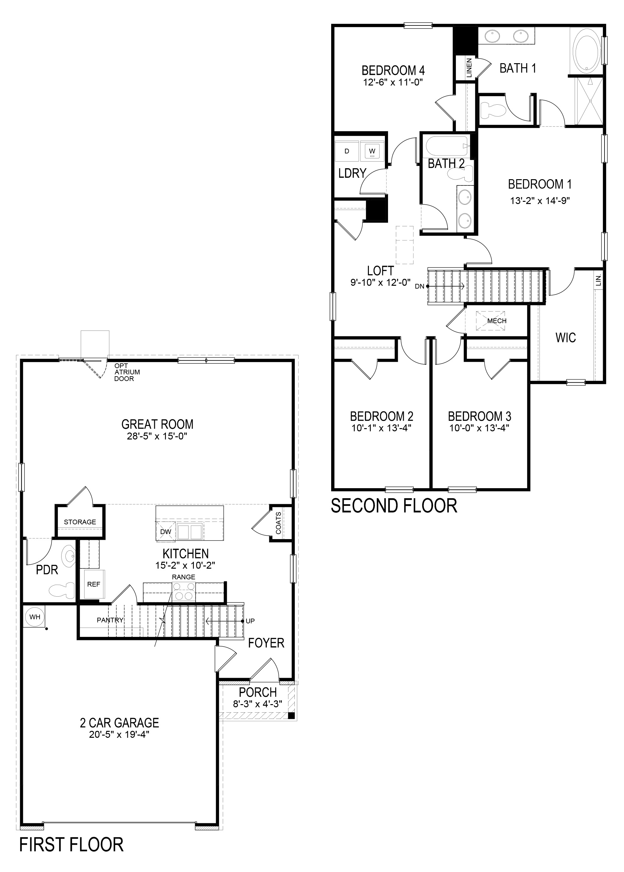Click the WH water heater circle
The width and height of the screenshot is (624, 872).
35,617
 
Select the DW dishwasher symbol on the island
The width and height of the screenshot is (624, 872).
166,532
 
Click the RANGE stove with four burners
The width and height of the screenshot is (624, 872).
184,592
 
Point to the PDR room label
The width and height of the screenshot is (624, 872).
47,570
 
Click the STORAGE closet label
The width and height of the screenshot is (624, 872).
80,522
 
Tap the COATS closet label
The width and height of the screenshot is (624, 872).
279,523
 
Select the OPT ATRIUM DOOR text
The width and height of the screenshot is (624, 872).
127,372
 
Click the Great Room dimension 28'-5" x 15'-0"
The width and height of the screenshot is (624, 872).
157,436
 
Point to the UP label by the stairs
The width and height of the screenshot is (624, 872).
250,621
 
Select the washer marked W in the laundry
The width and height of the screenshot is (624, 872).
372,151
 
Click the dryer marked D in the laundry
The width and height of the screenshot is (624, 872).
347,151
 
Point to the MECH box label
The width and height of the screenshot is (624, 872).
496,321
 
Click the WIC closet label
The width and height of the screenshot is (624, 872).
566,338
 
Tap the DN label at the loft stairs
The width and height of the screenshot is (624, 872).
419,286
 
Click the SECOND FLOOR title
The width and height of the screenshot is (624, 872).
394,506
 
